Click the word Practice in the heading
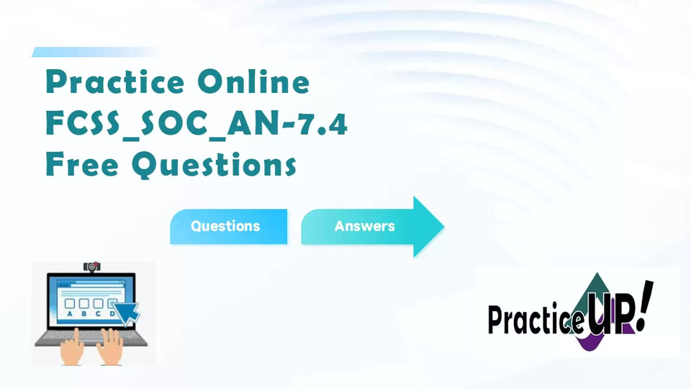pyautogui.click(x=115, y=81)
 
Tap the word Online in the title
pyautogui.click(x=253, y=81)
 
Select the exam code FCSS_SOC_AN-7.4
pyautogui.click(x=197, y=123)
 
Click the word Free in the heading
pyautogui.click(x=82, y=164)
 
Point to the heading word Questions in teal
pyautogui.click(x=214, y=165)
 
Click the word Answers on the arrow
pyautogui.click(x=364, y=225)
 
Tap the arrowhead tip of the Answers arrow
pyautogui.click(x=443, y=227)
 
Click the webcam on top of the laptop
pyautogui.click(x=91, y=267)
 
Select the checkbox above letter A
pyautogui.click(x=70, y=303)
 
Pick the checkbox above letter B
pyautogui.click(x=83, y=303)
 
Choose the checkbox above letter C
pyautogui.click(x=98, y=303)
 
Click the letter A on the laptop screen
pyautogui.click(x=70, y=314)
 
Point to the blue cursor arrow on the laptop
pyautogui.click(x=128, y=313)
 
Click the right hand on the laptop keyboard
pyautogui.click(x=109, y=347)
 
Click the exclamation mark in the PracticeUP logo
pyautogui.click(x=646, y=305)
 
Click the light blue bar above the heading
pyautogui.click(x=95, y=52)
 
